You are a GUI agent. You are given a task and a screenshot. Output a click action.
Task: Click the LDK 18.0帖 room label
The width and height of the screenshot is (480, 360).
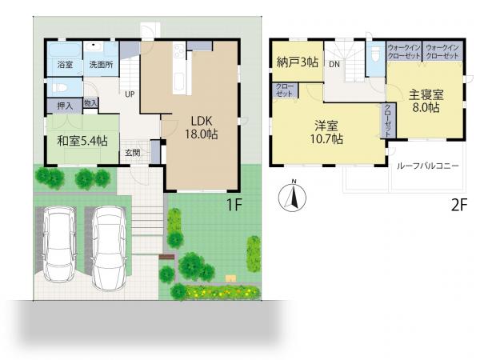pyautogui.click(x=201, y=128)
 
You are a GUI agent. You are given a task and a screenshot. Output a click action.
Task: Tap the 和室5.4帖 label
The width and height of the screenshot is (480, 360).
pyautogui.click(x=82, y=141)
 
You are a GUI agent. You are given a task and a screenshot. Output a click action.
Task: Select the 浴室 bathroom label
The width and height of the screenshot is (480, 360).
pyautogui.click(x=66, y=65)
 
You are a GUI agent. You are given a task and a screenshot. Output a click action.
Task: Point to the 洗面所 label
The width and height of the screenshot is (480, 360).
pyautogui.click(x=101, y=65)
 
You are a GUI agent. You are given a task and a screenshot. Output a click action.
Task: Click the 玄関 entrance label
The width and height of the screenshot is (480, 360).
pyautogui.click(x=133, y=153)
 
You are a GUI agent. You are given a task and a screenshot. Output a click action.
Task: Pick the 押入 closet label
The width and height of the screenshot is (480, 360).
pyautogui.click(x=66, y=106)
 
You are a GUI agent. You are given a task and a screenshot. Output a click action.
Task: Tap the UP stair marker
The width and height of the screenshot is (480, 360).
pyautogui.click(x=130, y=94)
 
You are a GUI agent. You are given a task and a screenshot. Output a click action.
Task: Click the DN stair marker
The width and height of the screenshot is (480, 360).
pyautogui.click(x=334, y=65)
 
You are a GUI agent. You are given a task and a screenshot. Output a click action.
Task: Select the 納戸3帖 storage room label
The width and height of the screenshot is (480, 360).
pyautogui.click(x=298, y=62)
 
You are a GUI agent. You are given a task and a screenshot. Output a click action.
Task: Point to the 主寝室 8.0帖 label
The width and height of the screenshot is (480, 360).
pyautogui.click(x=426, y=101)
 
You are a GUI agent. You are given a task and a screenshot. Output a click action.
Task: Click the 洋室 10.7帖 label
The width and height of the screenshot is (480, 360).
pyautogui.click(x=326, y=133)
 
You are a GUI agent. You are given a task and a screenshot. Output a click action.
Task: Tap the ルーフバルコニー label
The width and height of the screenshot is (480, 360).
pyautogui.click(x=428, y=166)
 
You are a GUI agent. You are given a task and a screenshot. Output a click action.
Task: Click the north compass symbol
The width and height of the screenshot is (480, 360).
pyautogui.click(x=292, y=196)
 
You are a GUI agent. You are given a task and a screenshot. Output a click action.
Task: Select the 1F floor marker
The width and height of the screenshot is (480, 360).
pyautogui.click(x=234, y=205)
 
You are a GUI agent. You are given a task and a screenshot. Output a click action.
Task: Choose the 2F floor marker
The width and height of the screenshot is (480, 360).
pyautogui.click(x=459, y=205)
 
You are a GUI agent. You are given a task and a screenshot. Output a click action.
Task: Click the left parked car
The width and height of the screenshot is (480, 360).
pyautogui.click(x=60, y=244)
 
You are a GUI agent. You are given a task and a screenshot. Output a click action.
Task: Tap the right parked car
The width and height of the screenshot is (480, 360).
pyautogui.click(x=109, y=248)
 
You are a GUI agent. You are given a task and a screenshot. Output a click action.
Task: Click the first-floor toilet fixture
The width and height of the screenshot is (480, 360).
pyautogui.click(x=60, y=88)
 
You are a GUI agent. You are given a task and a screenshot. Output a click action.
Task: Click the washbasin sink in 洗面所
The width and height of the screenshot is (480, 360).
pyautogui.click(x=94, y=47)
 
